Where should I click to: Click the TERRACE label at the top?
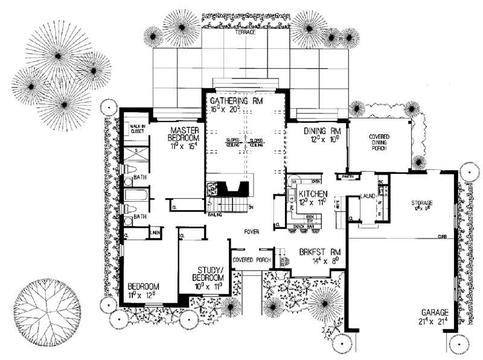click(x=246, y=32)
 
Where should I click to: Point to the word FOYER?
click(x=252, y=232)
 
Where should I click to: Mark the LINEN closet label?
click(x=154, y=233)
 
